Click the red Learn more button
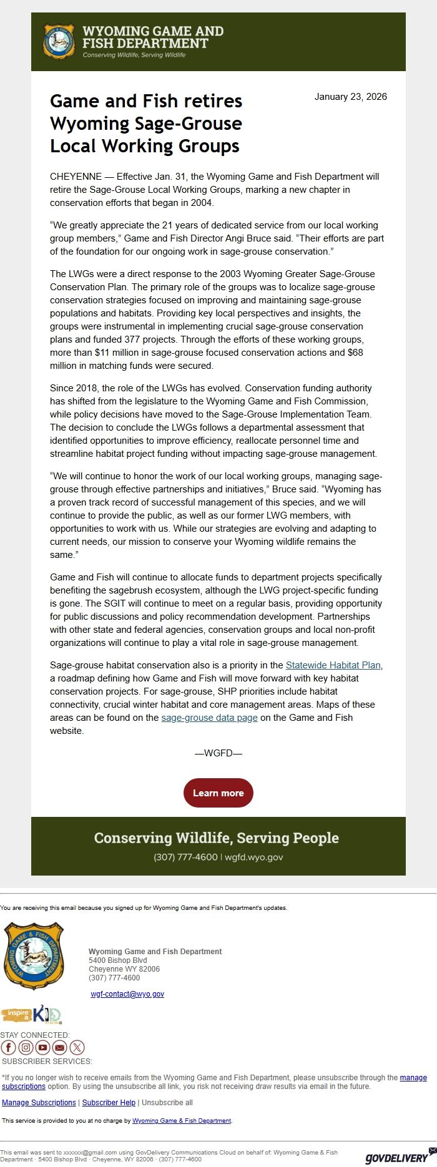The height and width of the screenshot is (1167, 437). click(x=218, y=793)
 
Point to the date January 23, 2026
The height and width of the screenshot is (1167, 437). click(x=350, y=97)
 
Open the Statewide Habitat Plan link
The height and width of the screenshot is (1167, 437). click(x=333, y=665)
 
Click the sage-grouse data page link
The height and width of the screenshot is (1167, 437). click(x=209, y=718)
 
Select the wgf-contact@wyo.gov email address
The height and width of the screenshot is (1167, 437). click(x=127, y=994)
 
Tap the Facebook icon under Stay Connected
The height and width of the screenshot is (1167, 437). click(x=8, y=1048)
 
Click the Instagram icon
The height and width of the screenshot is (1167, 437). click(x=26, y=1048)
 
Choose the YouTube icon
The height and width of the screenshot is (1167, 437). click(x=42, y=1048)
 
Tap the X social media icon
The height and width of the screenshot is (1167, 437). click(x=77, y=1048)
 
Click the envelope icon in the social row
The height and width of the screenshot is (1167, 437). click(x=59, y=1048)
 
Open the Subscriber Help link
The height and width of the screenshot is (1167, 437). click(x=109, y=1103)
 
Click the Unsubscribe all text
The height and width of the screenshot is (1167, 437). click(x=167, y=1103)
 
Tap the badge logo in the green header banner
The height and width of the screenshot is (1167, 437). click(x=59, y=42)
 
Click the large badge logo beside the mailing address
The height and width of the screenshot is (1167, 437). click(x=34, y=956)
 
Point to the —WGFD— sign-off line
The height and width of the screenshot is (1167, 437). click(x=218, y=753)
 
